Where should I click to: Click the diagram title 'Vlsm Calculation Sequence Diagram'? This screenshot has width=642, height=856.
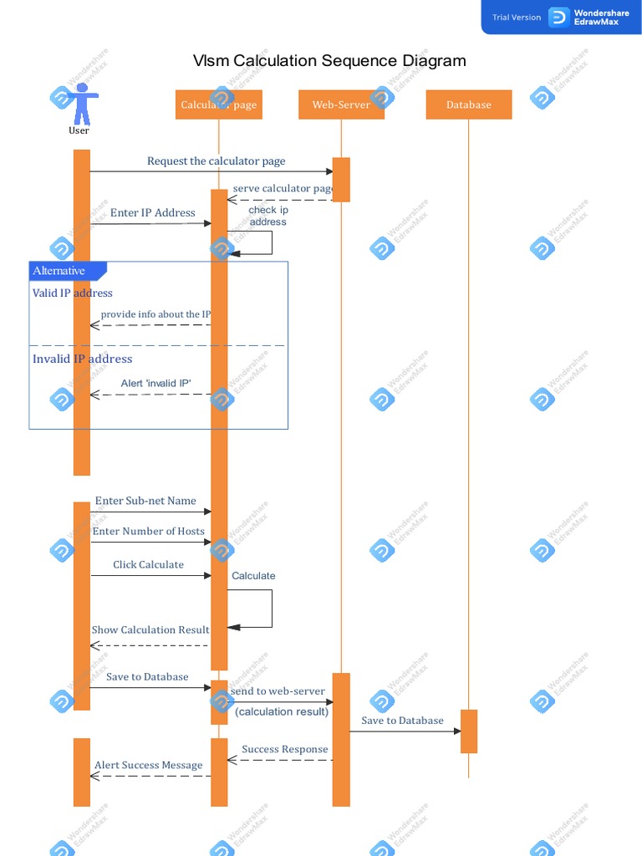pyautogui.click(x=329, y=61)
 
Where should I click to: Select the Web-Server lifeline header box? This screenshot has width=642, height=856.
pyautogui.click(x=341, y=104)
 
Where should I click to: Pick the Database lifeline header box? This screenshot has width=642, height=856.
pyautogui.click(x=468, y=104)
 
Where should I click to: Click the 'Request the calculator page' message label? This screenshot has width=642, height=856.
pyautogui.click(x=216, y=161)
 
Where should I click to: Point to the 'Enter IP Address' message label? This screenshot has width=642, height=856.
pyautogui.click(x=152, y=213)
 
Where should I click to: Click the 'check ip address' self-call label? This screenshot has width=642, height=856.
pyautogui.click(x=267, y=216)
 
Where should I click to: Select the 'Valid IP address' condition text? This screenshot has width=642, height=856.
pyautogui.click(x=73, y=293)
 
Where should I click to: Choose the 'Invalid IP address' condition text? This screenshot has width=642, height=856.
pyautogui.click(x=82, y=359)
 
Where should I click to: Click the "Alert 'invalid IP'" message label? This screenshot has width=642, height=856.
pyautogui.click(x=155, y=384)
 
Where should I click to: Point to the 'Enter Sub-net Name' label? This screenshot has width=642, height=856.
pyautogui.click(x=145, y=502)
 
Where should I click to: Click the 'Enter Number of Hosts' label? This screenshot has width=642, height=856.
pyautogui.click(x=148, y=532)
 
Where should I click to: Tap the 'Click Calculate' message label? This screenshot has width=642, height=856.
pyautogui.click(x=148, y=565)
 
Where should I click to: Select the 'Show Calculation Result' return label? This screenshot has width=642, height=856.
pyautogui.click(x=150, y=630)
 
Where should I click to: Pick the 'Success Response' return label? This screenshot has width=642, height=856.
pyautogui.click(x=284, y=750)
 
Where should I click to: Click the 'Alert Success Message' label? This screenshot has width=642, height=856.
pyautogui.click(x=148, y=766)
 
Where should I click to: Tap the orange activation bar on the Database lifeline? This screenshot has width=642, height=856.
pyautogui.click(x=469, y=731)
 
